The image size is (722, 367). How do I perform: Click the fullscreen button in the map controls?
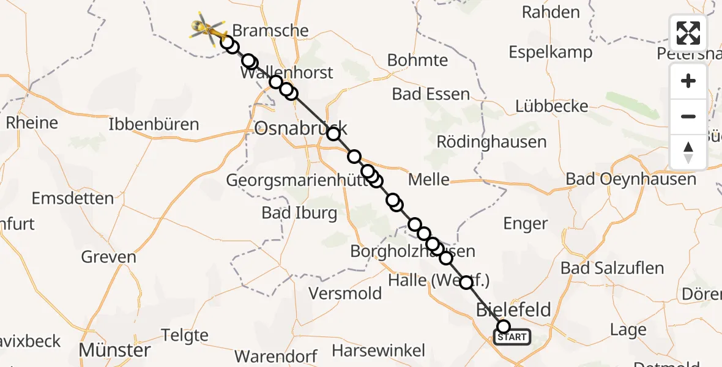tap(688, 33)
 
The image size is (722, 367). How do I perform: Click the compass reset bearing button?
tap(688, 152)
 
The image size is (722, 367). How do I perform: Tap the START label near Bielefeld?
tap(512, 337)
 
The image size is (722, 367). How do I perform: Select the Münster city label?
tap(115, 350)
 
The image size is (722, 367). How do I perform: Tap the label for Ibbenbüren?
tap(154, 125)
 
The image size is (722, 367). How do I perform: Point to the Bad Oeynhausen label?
tap(631, 179)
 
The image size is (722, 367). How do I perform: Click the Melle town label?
tap(429, 180)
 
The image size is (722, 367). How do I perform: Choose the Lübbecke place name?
tap(551, 106)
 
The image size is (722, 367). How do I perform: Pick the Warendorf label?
tap(276, 357)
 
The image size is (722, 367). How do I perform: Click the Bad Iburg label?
tap(299, 213)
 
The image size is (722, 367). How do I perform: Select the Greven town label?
tap(109, 257)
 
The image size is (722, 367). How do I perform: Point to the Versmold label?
tap(345, 293)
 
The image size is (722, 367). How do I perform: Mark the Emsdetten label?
tap(73, 199)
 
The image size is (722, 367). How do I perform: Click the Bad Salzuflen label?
tap(612, 268)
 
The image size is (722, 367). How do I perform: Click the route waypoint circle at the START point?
tap(504, 327)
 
